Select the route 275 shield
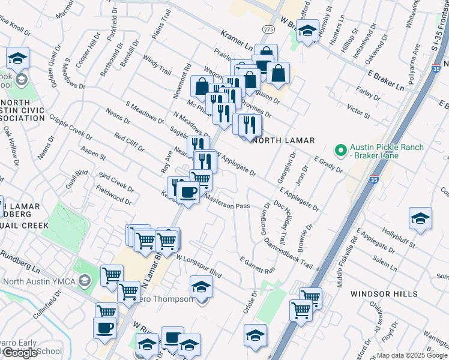tap(268, 29)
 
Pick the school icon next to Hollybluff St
tap(420, 219)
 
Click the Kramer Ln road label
tap(236, 40)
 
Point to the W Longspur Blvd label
tap(199, 266)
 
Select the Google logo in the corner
tap(19, 353)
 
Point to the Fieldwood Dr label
tap(113, 193)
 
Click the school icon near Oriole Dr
tap(255, 335)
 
